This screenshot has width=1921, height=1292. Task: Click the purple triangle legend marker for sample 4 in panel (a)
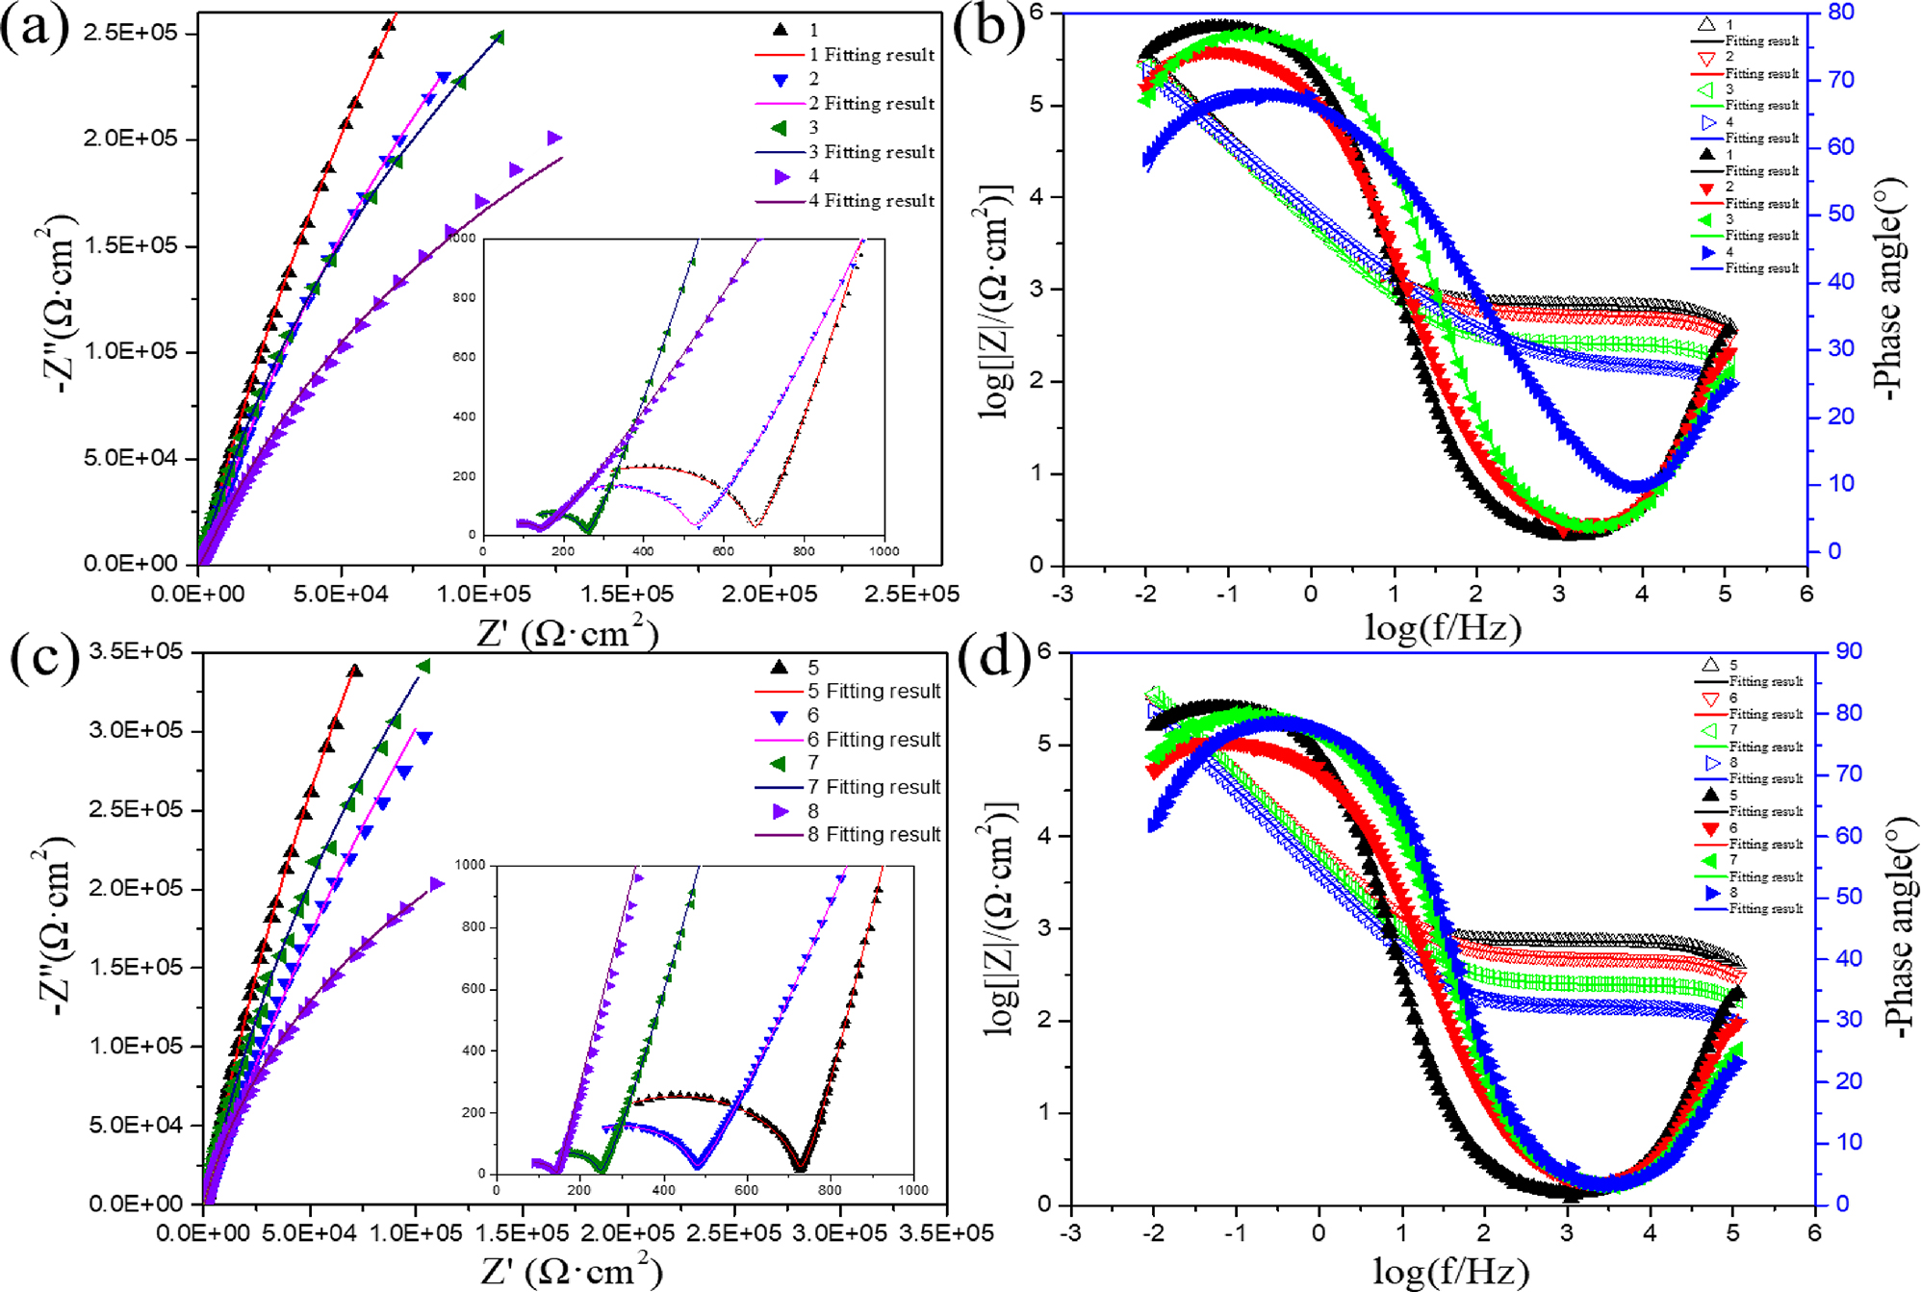coord(781,177)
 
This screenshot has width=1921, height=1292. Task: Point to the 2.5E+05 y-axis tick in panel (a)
coord(131,33)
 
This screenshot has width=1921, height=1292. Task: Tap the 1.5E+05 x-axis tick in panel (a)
coord(627,595)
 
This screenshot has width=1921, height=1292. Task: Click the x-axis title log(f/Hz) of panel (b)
coord(1443,627)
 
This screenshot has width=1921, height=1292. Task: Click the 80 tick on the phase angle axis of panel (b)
coord(1841,13)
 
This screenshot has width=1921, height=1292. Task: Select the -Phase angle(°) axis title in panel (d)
coord(1900,928)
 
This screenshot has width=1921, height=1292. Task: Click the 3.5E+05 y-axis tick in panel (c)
coord(136,651)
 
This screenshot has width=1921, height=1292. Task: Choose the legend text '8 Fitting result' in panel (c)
coord(874,834)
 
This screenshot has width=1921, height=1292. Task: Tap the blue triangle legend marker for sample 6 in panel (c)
coord(780,717)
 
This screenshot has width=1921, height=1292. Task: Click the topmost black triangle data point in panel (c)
coord(354,671)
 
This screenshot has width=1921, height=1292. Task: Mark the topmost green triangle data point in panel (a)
coord(498,38)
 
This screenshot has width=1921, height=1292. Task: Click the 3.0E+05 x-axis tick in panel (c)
coord(840,1233)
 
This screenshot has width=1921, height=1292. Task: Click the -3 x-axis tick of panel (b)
coord(1063,594)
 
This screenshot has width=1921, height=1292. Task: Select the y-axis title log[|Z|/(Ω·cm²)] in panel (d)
coord(1000,928)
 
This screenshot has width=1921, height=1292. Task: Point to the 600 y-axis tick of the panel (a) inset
coord(465,357)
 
